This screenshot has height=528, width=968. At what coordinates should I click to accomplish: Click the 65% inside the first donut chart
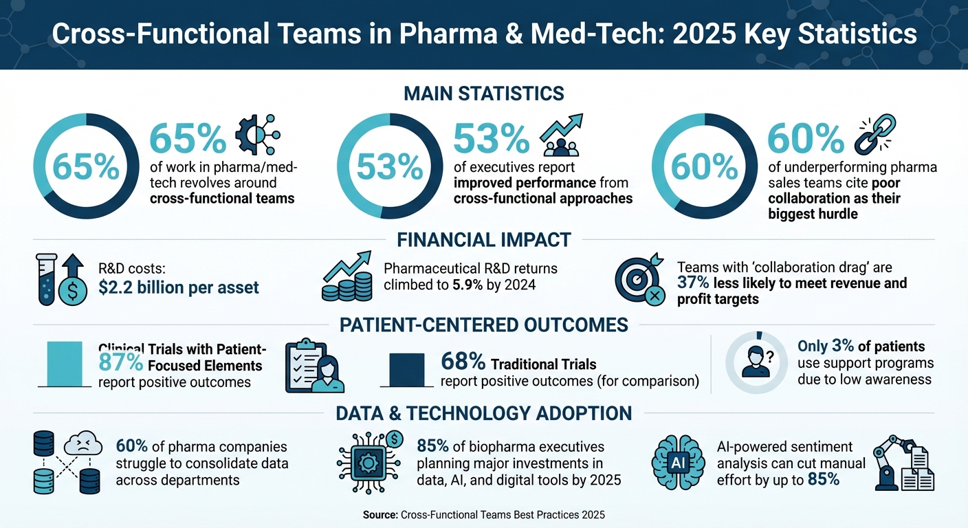(x=81, y=166)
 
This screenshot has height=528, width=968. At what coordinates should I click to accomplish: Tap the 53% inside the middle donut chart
(x=390, y=166)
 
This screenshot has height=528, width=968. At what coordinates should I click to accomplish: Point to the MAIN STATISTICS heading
(x=484, y=93)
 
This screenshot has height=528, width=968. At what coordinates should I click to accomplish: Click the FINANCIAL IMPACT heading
(x=484, y=239)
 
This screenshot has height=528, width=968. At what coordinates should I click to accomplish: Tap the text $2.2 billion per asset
(x=179, y=287)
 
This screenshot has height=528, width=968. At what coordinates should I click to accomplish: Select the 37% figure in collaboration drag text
(x=692, y=283)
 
